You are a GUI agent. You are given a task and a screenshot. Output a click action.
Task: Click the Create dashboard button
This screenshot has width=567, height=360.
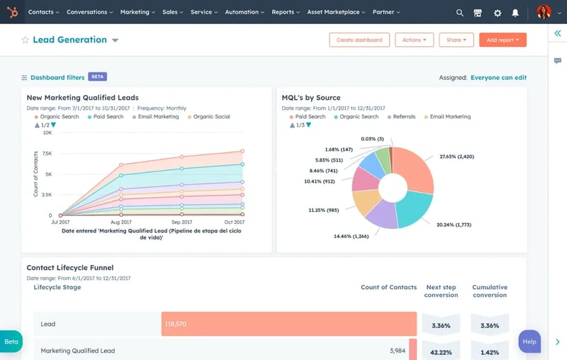[x=359, y=40]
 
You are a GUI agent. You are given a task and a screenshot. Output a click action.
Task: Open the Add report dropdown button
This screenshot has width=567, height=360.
[x=503, y=40]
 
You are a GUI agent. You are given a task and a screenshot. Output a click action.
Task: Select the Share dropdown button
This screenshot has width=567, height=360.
[x=456, y=40]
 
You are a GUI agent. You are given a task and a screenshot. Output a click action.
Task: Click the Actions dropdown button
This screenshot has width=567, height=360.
[x=414, y=40]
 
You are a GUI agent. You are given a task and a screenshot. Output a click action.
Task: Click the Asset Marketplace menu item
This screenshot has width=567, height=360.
[x=332, y=12]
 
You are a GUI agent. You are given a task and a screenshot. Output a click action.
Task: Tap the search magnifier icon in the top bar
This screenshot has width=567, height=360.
[x=460, y=13]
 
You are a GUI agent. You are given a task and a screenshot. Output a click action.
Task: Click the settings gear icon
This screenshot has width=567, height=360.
[x=498, y=13]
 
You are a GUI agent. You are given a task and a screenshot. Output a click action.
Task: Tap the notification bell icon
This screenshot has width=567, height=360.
[x=515, y=13]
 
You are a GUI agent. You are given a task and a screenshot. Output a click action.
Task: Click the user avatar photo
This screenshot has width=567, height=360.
[x=544, y=12]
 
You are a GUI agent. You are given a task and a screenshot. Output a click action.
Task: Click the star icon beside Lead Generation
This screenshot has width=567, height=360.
[x=26, y=40]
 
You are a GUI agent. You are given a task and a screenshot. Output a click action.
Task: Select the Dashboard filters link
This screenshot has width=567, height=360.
[x=57, y=77]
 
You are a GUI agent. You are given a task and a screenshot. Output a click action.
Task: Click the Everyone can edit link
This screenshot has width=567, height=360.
[x=498, y=78]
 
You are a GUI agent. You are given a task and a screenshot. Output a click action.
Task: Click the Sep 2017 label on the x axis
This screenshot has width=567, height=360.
[x=181, y=223]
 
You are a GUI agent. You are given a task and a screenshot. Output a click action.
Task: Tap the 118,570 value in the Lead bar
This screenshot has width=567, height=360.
[x=175, y=324]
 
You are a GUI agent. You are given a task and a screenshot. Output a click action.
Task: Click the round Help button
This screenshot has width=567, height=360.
[x=529, y=342]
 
